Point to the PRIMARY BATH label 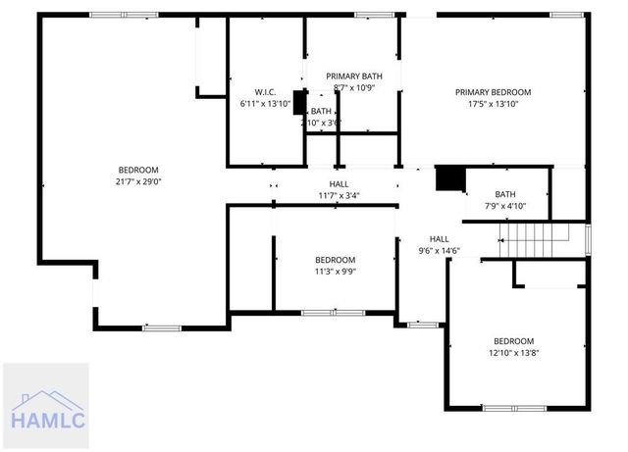(354, 75)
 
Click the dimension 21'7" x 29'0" (138, 181)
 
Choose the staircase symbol (536, 238)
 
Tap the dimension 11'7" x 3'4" (338, 195)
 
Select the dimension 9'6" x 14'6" (439, 250)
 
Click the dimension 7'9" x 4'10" (505, 206)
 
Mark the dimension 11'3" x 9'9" (335, 272)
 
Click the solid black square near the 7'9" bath (449, 178)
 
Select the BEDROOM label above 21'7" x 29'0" (138, 170)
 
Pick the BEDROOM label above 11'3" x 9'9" (335, 260)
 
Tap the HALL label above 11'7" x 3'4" (338, 183)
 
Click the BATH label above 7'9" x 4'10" (505, 194)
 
